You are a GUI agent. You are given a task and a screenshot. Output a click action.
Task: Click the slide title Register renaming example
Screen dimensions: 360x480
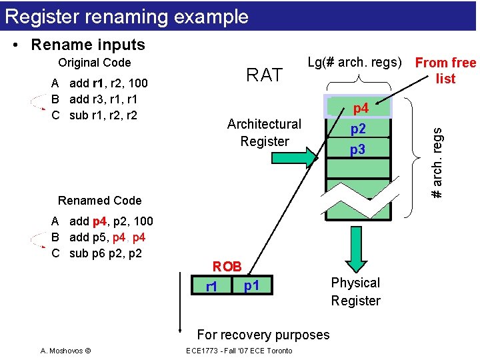pyautogui.click(x=127, y=17)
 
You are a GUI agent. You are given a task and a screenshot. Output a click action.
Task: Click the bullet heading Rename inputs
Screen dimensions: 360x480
pyautogui.click(x=87, y=45)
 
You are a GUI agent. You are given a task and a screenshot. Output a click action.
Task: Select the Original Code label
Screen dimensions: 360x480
pyautogui.click(x=95, y=63)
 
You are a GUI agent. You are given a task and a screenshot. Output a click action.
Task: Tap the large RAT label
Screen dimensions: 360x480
pyautogui.click(x=265, y=75)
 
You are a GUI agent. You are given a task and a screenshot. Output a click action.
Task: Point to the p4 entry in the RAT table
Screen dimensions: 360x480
pyautogui.click(x=360, y=108)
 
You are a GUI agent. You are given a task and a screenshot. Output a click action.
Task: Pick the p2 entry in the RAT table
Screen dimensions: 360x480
pyautogui.click(x=358, y=129)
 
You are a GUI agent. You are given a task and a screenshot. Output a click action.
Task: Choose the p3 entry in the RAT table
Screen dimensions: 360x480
pyautogui.click(x=358, y=150)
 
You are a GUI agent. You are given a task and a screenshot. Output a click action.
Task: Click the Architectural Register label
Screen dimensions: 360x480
pyautogui.click(x=265, y=132)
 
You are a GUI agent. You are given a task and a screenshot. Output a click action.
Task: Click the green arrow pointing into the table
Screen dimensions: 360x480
pyautogui.click(x=307, y=158)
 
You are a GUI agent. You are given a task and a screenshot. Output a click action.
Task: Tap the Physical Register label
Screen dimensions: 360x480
pyautogui.click(x=355, y=291)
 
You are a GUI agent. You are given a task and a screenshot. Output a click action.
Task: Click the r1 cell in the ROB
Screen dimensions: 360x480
pyautogui.click(x=211, y=287)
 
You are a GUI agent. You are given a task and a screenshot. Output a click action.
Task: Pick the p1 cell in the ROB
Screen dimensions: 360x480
pyautogui.click(x=251, y=286)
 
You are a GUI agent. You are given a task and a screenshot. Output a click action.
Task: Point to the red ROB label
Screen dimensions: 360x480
pyautogui.click(x=227, y=266)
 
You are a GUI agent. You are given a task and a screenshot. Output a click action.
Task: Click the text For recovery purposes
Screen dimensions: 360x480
pyautogui.click(x=263, y=335)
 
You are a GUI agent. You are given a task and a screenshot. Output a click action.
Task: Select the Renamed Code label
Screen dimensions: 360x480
pyautogui.click(x=100, y=200)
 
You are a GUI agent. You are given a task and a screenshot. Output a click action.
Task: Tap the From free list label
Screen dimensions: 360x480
pyautogui.click(x=445, y=71)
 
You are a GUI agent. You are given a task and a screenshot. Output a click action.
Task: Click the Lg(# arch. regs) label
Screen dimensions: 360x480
pyautogui.click(x=355, y=63)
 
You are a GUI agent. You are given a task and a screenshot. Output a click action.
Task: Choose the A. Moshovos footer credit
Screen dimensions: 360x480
pyautogui.click(x=65, y=351)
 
